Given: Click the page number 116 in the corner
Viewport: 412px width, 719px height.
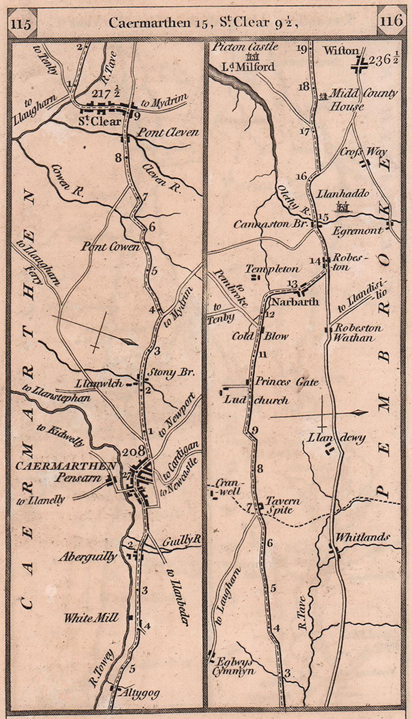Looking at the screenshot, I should (390, 21).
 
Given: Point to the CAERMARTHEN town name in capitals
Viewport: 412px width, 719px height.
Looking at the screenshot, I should (66, 466).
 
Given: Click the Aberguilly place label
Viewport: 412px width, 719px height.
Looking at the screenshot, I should (88, 557).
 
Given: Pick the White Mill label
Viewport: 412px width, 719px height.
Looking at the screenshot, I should (91, 618).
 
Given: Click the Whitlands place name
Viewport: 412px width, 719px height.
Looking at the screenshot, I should (363, 537).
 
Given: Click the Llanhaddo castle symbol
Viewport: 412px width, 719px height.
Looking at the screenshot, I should (343, 206).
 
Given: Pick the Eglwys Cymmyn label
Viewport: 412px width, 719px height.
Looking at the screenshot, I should (236, 666).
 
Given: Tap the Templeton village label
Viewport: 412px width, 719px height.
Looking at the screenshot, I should (272, 269).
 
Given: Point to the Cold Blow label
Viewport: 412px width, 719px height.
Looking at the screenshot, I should (260, 336).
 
